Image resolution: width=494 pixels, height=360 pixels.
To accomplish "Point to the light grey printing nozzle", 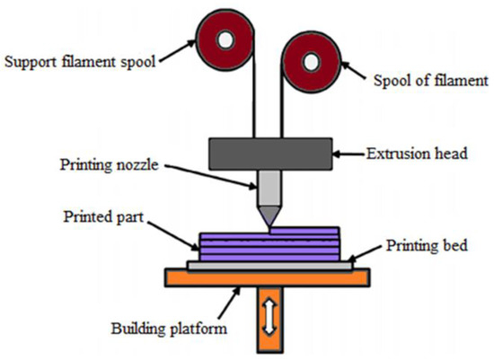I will [x=267, y=190].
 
